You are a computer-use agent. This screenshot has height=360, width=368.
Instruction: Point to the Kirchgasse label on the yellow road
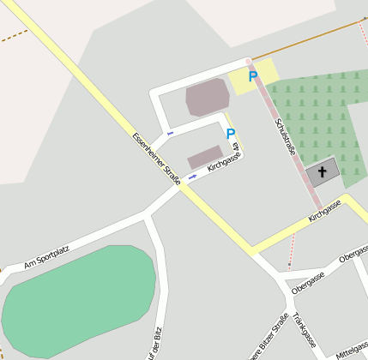pos(325,211)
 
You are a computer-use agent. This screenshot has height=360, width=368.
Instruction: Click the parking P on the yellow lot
pos(252,77)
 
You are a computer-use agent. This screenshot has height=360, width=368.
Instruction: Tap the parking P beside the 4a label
pos(230,134)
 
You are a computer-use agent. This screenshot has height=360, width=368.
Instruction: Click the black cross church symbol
pos(323,172)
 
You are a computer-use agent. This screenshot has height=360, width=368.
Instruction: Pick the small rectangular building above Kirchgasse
pos(205,157)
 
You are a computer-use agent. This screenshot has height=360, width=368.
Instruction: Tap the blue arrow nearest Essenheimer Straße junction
pos(191,177)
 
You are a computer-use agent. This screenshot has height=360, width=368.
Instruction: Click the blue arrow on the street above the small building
pos(170,134)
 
